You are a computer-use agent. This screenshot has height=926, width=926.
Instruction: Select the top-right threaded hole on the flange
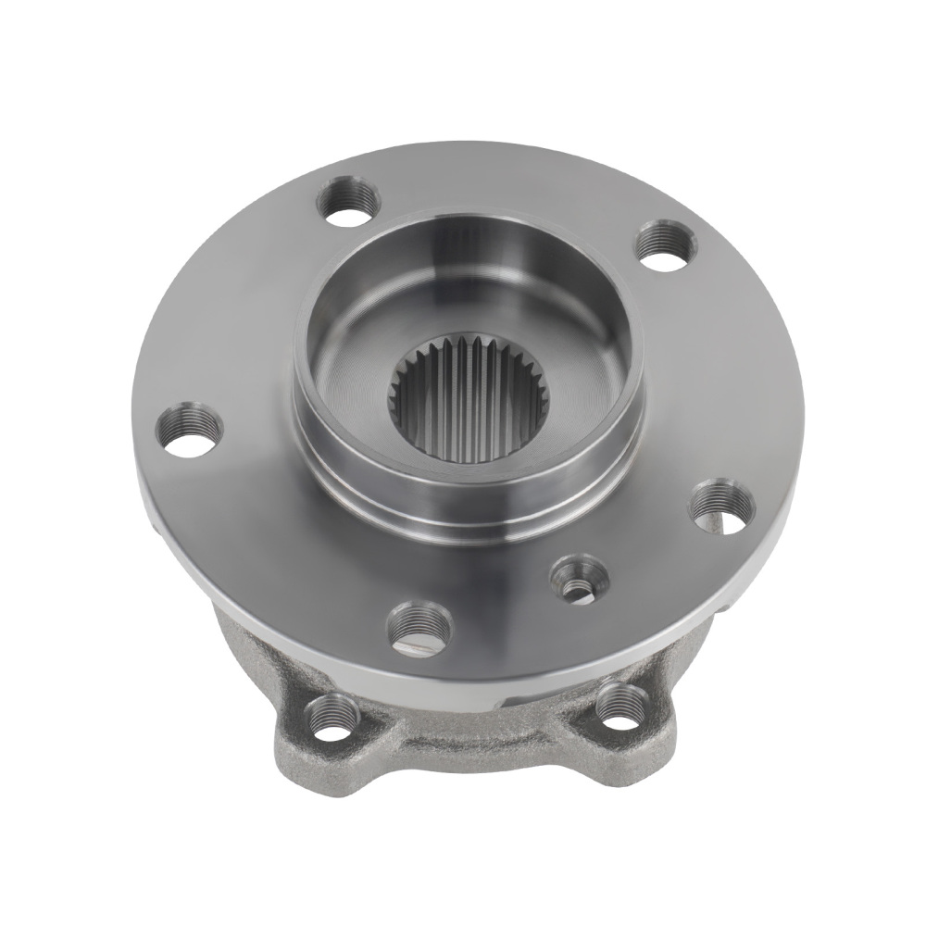click(x=663, y=245)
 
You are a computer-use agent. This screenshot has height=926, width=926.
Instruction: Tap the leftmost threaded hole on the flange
click(x=190, y=429)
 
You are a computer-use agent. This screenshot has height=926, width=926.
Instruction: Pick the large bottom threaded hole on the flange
click(x=419, y=624)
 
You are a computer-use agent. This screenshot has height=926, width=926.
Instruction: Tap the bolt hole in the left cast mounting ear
click(x=331, y=714)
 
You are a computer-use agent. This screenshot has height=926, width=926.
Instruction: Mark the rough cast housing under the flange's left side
click(x=236, y=639)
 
